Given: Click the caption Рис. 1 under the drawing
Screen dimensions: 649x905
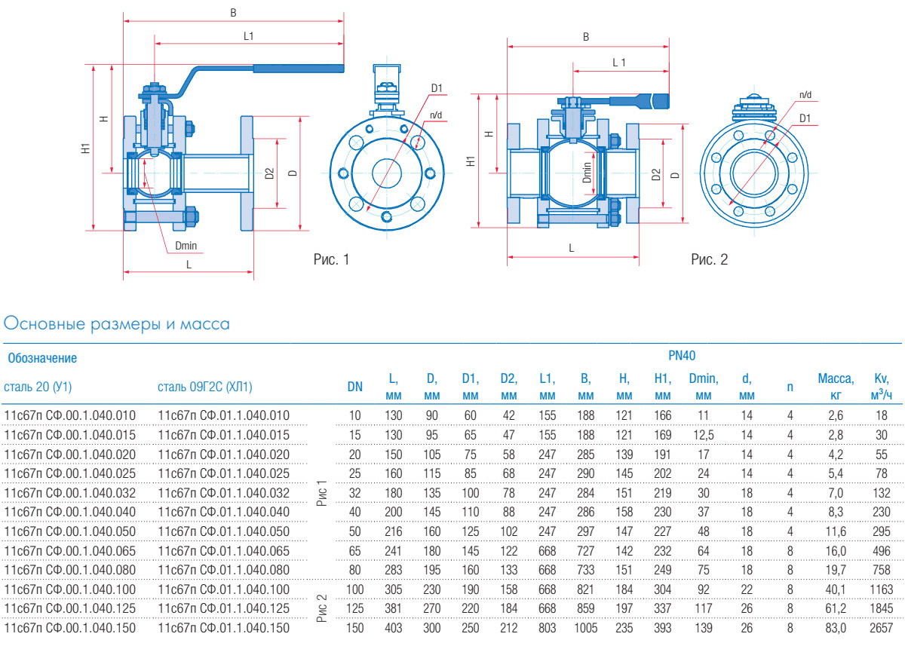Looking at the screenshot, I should tap(331, 260).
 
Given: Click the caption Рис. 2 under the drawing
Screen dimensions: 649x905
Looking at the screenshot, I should tap(709, 260).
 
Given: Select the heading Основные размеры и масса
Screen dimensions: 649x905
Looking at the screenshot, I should tap(117, 324).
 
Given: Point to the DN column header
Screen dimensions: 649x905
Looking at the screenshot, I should tap(355, 387).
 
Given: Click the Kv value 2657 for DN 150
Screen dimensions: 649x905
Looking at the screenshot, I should tap(881, 628).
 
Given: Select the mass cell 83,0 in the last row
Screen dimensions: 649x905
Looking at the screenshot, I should tap(836, 628).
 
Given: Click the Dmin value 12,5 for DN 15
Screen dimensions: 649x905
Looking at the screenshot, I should tap(702, 435).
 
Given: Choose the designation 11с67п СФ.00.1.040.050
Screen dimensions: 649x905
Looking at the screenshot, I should tap(71, 531).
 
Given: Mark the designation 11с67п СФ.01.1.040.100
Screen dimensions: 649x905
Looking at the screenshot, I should tap(224, 589).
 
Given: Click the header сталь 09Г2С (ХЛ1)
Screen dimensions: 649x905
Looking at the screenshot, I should tap(205, 387).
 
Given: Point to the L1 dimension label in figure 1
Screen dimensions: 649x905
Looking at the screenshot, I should tap(249, 35).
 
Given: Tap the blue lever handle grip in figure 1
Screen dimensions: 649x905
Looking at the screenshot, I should tap(298, 69).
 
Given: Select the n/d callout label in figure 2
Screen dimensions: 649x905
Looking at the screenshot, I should tap(805, 95).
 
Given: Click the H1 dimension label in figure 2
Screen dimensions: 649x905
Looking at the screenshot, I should tap(471, 161).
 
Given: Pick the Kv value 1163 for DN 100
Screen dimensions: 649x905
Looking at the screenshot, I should tap(881, 589).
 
